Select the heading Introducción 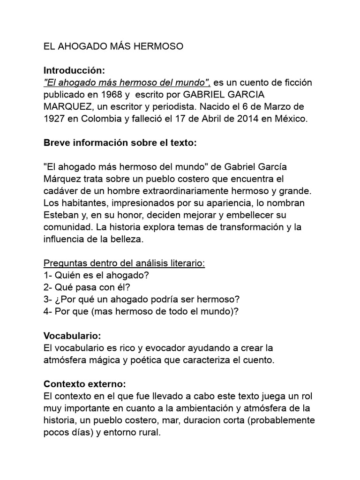click(x=72, y=70)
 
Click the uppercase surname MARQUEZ click(x=65, y=107)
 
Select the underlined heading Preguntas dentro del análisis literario click(x=124, y=263)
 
